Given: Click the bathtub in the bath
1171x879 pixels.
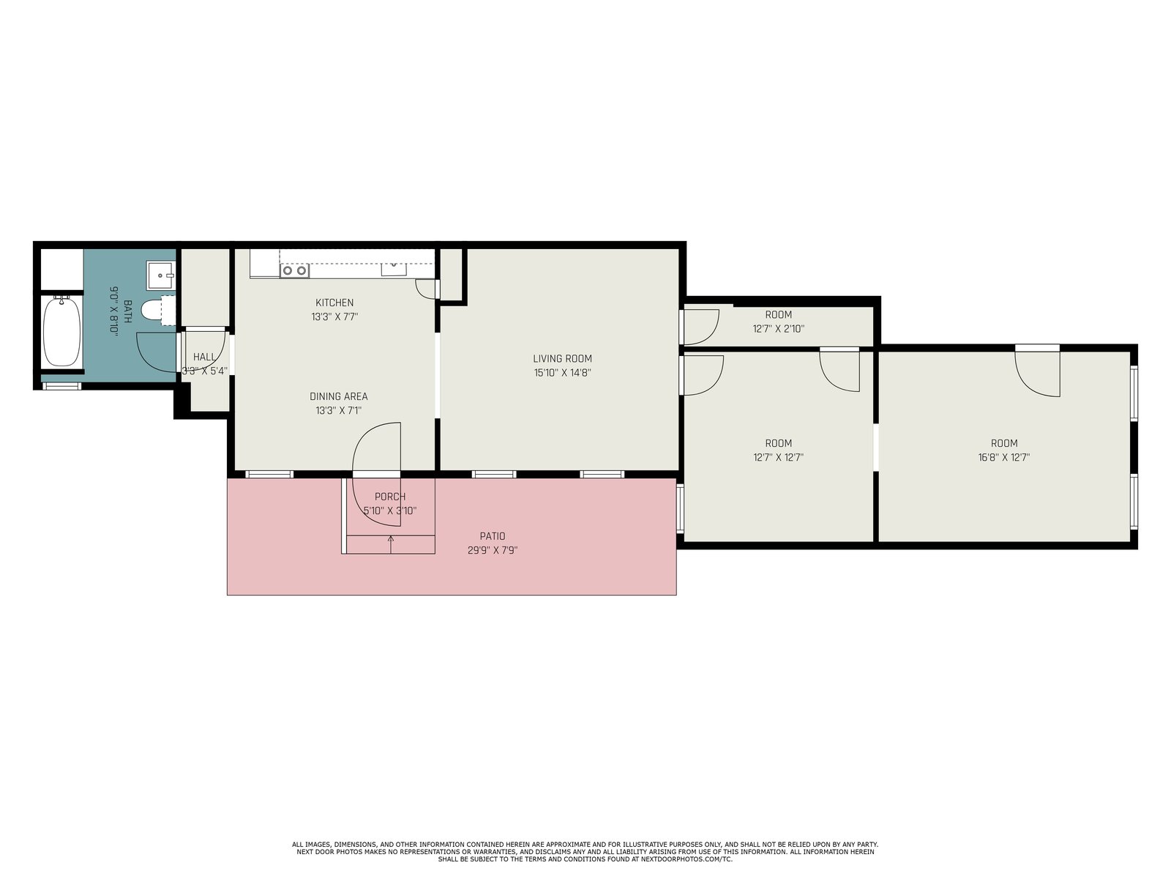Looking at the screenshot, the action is [x=62, y=332].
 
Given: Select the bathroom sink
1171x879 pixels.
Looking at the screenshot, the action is [x=161, y=275].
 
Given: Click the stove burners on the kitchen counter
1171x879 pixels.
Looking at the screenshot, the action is [x=294, y=270].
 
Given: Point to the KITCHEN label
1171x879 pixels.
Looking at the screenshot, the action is [x=334, y=303].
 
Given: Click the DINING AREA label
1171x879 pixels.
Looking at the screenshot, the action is [x=339, y=396].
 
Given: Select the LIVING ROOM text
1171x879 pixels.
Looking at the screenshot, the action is [x=562, y=359].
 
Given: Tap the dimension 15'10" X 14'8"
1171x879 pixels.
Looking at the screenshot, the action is [x=562, y=373].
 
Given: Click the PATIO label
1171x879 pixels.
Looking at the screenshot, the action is [x=493, y=536].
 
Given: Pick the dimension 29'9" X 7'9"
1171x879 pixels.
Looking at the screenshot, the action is [x=493, y=550].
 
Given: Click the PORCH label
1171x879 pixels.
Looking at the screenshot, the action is [x=390, y=497].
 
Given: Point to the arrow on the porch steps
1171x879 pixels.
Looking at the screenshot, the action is [x=391, y=544].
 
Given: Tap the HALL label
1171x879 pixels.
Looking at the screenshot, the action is [x=204, y=357].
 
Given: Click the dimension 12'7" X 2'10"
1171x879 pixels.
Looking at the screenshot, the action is [x=779, y=329].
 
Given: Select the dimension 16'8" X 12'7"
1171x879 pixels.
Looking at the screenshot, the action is [x=1004, y=457].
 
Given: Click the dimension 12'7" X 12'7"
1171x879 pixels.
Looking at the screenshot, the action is [x=779, y=457].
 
